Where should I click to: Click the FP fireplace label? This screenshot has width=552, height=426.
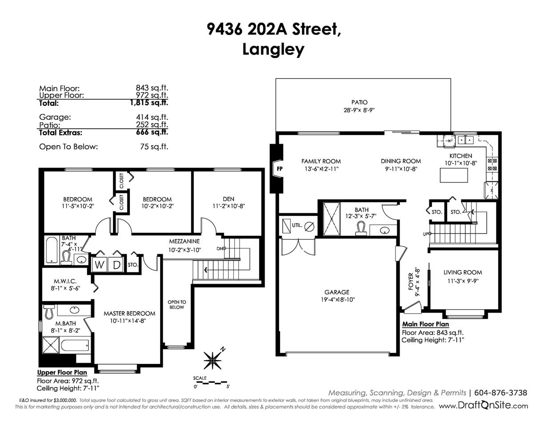pyautogui.click(x=280, y=169)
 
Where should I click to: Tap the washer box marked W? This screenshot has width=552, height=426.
pyautogui.click(x=99, y=265)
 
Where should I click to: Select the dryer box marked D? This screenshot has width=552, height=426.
pyautogui.click(x=116, y=265)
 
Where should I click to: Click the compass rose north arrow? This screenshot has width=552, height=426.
pyautogui.click(x=214, y=358)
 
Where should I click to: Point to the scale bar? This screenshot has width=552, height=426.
pyautogui.click(x=212, y=382)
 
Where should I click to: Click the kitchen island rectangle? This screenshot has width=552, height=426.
pyautogui.click(x=454, y=175)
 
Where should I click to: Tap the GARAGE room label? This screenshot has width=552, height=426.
pyautogui.click(x=337, y=292)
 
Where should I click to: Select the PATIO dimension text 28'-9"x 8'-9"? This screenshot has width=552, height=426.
pyautogui.click(x=359, y=110)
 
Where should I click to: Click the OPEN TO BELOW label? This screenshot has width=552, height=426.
pyautogui.click(x=177, y=305)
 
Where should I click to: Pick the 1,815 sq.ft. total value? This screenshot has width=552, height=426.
pyautogui.click(x=149, y=103)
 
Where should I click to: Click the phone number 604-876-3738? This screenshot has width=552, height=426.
pyautogui.click(x=501, y=393)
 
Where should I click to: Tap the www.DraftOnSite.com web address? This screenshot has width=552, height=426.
pyautogui.click(x=484, y=406)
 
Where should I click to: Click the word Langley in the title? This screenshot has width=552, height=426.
pyautogui.click(x=273, y=49)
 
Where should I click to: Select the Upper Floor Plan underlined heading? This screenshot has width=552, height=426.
pyautogui.click(x=62, y=372)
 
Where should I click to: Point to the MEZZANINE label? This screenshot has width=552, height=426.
pyautogui.click(x=184, y=241)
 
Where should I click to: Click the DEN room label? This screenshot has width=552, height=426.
pyautogui.click(x=228, y=199)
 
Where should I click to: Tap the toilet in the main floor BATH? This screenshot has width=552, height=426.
pyautogui.click(x=361, y=228)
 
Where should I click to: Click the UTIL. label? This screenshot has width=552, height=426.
pyautogui.click(x=297, y=225)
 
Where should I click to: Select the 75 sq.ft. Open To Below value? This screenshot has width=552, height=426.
pyautogui.click(x=154, y=147)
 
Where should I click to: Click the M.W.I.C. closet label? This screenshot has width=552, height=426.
pyautogui.click(x=65, y=281)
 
